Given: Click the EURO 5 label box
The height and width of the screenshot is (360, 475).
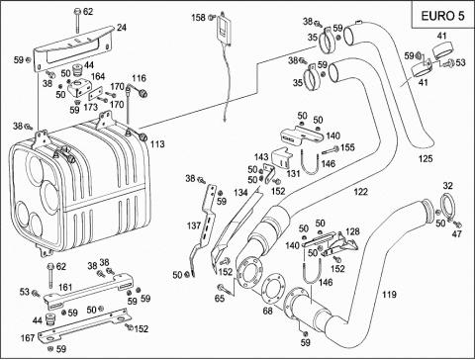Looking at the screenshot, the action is pyautogui.click(x=442, y=15).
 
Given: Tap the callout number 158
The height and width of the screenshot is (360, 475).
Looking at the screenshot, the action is pyautogui.click(x=199, y=17).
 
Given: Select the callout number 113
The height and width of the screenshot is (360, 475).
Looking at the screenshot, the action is pyautogui.click(x=157, y=144).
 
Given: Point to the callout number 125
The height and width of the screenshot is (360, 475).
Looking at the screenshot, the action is pyautogui.click(x=426, y=158).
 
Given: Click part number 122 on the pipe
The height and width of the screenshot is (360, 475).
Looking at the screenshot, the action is pyautogui.click(x=360, y=192).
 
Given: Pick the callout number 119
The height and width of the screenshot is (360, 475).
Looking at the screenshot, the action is pyautogui.click(x=389, y=294).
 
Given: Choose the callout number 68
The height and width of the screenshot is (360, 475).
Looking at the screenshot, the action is pyautogui.click(x=268, y=311).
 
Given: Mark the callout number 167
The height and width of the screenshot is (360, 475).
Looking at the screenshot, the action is pyautogui.click(x=28, y=338).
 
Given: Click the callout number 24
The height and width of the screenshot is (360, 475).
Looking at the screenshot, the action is pyautogui.click(x=122, y=28).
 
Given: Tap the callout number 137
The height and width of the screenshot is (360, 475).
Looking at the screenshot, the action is pyautogui.click(x=194, y=225).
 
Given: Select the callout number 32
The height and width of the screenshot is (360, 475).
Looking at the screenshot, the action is pyautogui.click(x=447, y=186).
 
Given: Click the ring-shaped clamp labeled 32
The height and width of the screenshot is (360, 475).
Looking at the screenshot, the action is pyautogui.click(x=442, y=207).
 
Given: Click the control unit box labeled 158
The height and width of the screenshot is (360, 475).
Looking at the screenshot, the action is pyautogui.click(x=225, y=29).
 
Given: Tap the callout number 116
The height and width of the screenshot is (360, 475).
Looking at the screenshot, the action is pyautogui.click(x=139, y=78).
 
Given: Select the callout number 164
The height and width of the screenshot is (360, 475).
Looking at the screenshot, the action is pyautogui.click(x=98, y=76).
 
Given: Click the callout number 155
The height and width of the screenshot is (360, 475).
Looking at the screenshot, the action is pyautogui.click(x=347, y=147).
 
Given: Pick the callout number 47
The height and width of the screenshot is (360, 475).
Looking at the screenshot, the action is pyautogui.click(x=457, y=233).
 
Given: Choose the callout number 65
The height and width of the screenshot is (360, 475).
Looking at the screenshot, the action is pyautogui.click(x=220, y=299).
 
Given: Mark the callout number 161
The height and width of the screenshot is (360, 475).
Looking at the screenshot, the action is pyautogui.click(x=65, y=287).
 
